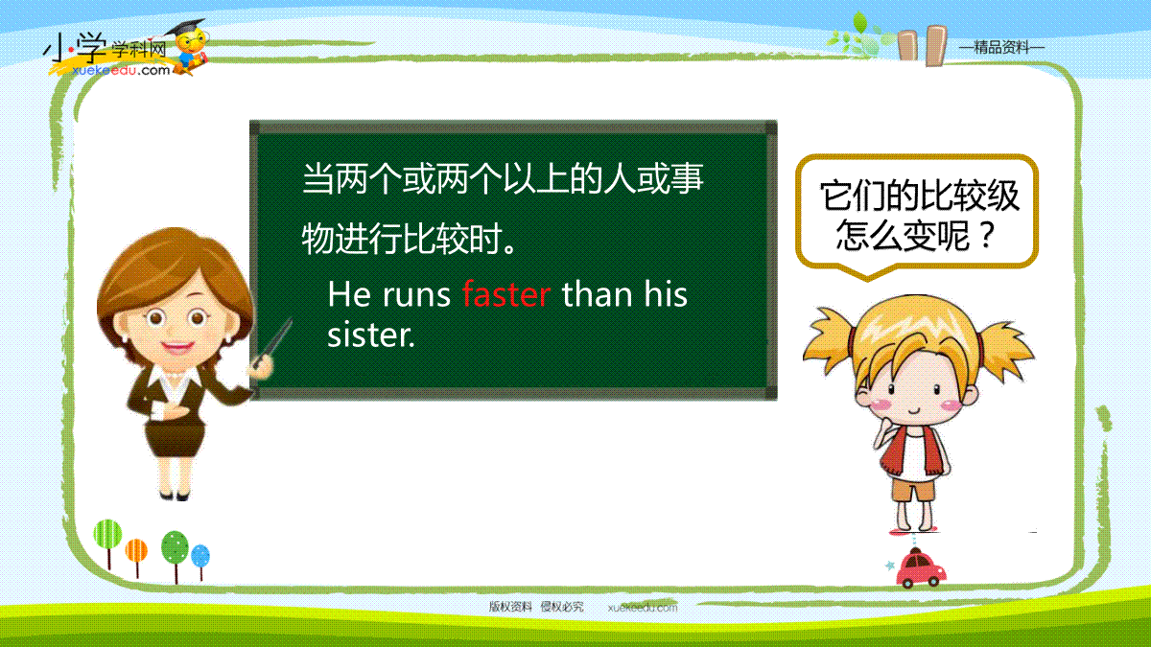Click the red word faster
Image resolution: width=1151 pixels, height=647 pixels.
coord(506,294)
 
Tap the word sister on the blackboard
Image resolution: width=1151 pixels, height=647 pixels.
coord(371,335)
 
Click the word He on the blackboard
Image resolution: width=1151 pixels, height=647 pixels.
coord(349,295)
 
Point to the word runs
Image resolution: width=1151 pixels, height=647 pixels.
coord(416,296)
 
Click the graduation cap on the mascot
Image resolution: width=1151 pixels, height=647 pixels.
coord(185,27)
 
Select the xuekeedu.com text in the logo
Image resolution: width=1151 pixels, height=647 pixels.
coord(121,70)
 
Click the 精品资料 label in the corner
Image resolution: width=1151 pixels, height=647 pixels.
coord(1001,47)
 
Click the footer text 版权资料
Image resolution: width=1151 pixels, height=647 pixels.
coord(510,607)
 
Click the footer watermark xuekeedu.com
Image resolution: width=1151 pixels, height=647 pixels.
coord(643,608)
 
